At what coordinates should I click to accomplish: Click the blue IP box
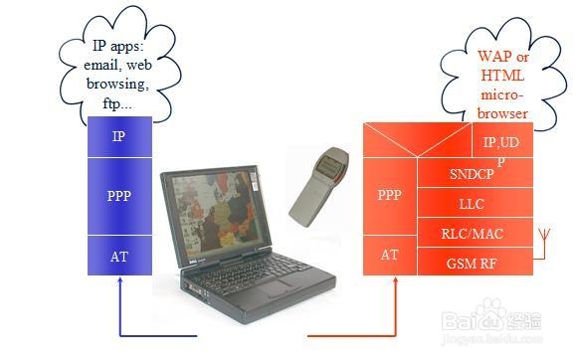click(119, 136)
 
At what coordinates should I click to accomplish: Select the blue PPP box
click(119, 196)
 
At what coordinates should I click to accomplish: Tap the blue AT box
click(119, 256)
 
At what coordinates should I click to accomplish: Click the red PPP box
click(390, 195)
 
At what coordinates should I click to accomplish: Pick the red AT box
click(390, 256)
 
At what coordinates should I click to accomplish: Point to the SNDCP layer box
click(472, 175)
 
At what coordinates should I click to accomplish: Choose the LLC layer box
click(472, 204)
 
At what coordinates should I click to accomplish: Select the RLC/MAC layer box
click(472, 234)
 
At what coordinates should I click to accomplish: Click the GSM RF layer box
click(472, 262)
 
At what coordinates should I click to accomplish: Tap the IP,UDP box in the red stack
click(500, 144)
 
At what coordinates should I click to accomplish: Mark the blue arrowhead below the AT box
click(119, 284)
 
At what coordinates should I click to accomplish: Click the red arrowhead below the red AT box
click(393, 283)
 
